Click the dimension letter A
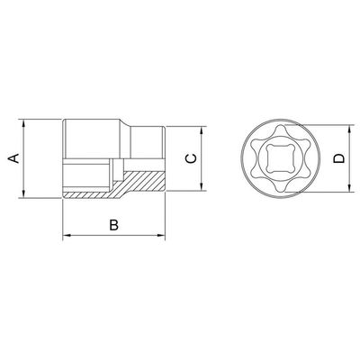14,158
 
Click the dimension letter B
113,225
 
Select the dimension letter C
191,158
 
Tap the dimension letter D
339,158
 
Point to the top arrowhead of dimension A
23,123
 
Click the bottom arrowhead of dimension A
23,193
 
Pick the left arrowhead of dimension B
67,235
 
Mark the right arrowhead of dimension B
161,235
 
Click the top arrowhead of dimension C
202,130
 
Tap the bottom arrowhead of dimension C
202,186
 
